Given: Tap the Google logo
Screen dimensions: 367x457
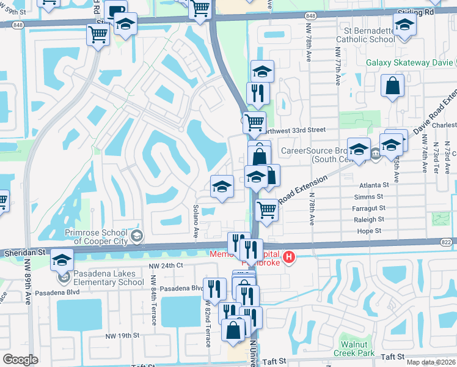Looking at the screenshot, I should pyautogui.click(x=20, y=360).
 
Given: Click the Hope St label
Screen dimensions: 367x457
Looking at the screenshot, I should pyautogui.click(x=369, y=231).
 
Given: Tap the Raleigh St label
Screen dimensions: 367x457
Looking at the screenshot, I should pyautogui.click(x=371, y=219).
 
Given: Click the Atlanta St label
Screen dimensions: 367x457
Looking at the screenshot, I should pyautogui.click(x=374, y=185).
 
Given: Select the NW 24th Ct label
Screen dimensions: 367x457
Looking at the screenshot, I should pyautogui.click(x=166, y=265).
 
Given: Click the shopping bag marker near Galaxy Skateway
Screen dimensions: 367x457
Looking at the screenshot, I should pyautogui.click(x=392, y=86).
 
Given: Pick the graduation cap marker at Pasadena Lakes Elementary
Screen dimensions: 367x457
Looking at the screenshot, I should pyautogui.click(x=61, y=260).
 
